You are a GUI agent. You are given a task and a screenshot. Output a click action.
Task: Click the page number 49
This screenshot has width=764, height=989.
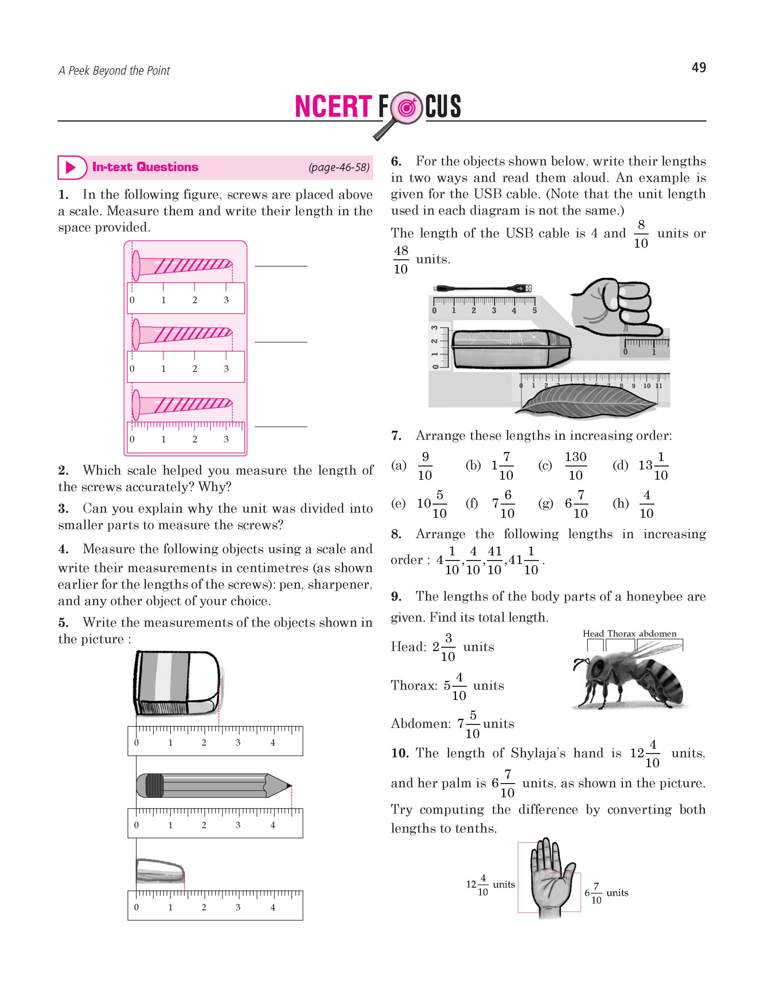click(x=698, y=68)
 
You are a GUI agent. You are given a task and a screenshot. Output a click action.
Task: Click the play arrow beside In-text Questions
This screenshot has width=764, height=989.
click(x=71, y=168)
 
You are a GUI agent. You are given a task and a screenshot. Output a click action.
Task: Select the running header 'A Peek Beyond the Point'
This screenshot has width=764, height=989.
click(x=114, y=71)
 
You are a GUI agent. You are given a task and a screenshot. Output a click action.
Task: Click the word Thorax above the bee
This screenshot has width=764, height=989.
click(x=621, y=634)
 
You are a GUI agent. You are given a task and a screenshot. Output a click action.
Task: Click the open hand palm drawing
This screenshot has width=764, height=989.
click(x=548, y=884)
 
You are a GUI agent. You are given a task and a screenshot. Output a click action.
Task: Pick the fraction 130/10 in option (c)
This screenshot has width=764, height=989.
click(x=575, y=466)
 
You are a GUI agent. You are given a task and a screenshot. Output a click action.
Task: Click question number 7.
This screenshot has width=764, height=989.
click(x=396, y=436)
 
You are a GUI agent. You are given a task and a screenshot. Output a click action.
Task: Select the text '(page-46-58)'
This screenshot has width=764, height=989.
click(x=339, y=168)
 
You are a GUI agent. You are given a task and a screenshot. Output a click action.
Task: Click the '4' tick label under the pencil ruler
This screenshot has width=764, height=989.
click(x=272, y=825)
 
